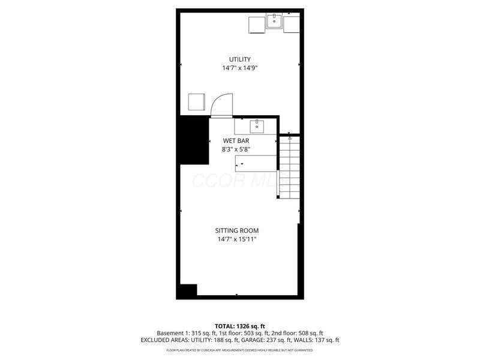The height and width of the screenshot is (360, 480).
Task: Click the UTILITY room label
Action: click(239, 59)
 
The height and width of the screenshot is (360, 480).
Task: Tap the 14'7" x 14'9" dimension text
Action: click(239, 68)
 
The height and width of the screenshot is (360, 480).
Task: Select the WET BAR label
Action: click(236, 141)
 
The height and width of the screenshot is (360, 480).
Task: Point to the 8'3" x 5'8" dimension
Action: click(236, 150)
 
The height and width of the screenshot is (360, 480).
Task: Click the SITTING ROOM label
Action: click(237, 230)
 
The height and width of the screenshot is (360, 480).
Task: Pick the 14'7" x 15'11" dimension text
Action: click(237, 239)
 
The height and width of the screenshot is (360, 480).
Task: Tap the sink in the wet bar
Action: click(257, 126)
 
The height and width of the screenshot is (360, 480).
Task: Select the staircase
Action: click(289, 168)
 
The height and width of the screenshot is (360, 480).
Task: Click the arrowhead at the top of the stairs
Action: click(289, 138)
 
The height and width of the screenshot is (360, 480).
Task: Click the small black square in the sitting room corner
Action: click(187, 290)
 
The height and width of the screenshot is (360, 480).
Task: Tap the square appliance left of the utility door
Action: click(197, 102)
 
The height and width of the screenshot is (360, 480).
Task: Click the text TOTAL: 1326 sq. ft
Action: click(239, 326)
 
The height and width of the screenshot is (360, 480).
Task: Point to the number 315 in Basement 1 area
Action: click(197, 333)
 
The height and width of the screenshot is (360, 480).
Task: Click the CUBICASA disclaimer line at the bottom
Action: click(239, 349)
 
